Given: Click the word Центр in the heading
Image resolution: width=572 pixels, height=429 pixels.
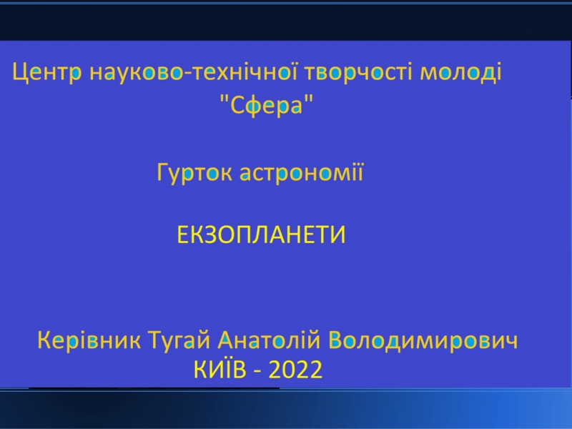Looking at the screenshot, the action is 46,73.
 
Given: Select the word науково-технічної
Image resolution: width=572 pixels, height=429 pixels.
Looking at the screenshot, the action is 194,71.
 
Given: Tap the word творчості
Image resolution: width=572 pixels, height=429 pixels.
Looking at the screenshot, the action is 360,73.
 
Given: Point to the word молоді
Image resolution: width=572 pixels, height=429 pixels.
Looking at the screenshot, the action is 460,73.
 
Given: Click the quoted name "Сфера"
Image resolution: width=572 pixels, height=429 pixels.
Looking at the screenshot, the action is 267,104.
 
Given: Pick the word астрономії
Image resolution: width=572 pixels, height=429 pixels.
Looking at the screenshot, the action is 301,172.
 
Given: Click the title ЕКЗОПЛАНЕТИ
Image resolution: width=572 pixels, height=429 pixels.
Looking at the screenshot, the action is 261,235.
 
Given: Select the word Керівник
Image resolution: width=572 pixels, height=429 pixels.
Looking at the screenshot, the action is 89,341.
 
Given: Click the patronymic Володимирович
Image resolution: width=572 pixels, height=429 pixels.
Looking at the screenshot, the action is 423,341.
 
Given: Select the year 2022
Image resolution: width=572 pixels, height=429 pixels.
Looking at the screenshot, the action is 295,370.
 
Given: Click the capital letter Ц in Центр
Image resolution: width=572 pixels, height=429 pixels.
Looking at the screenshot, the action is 20,73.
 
